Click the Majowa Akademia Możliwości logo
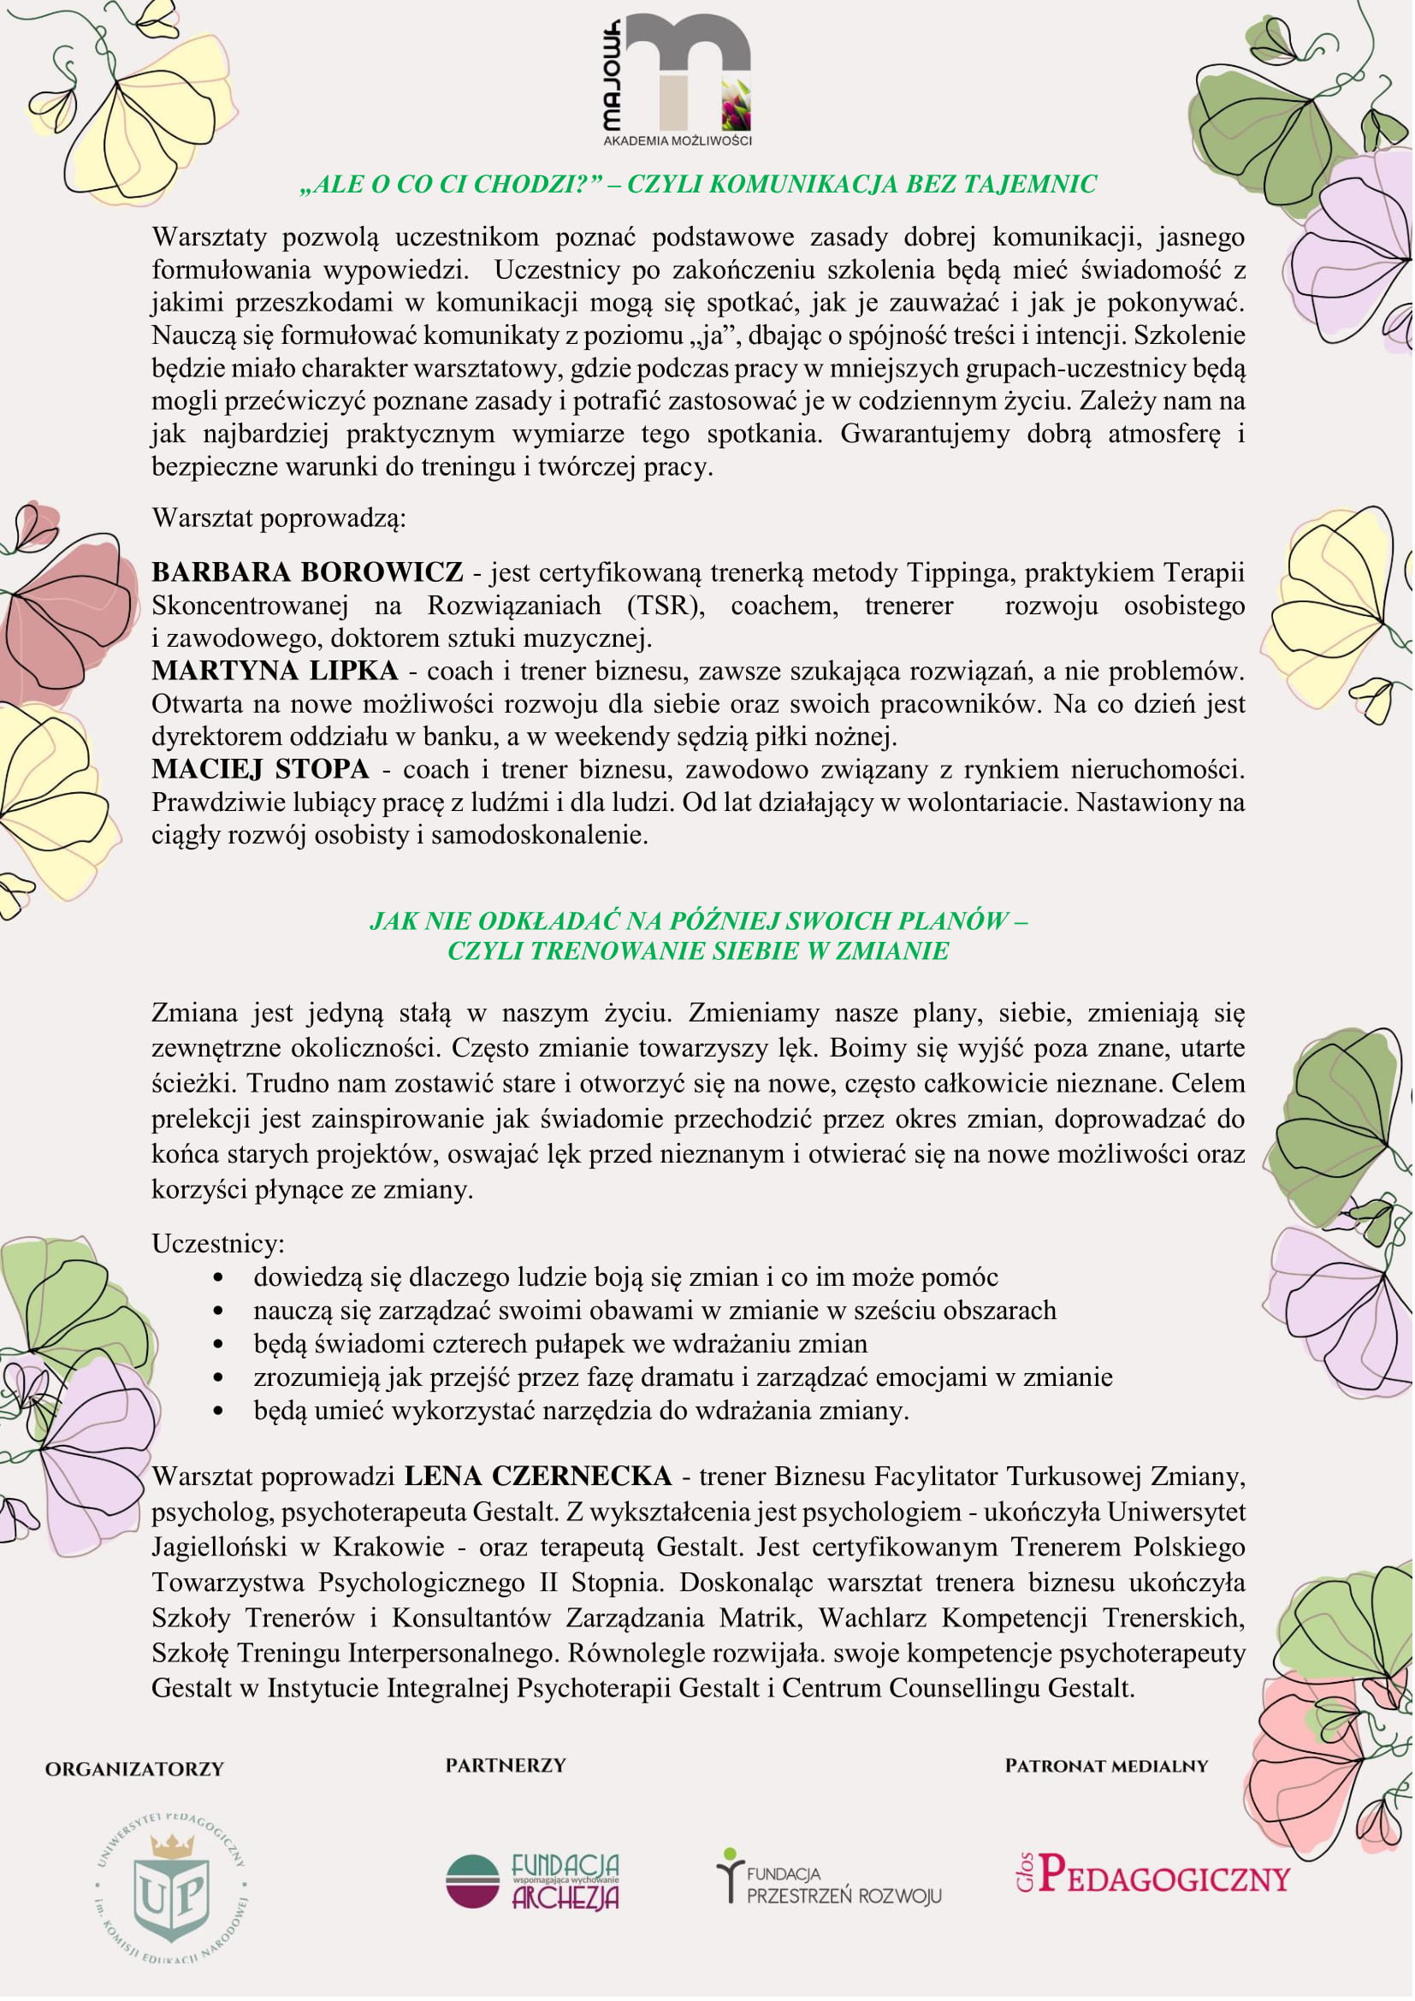677,80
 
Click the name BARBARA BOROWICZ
308,572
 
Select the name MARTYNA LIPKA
275,671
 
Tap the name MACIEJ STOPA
261,770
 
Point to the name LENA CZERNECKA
537,1477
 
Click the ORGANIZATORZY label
135,1769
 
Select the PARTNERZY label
506,1766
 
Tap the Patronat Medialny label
1106,1767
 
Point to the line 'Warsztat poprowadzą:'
280,519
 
